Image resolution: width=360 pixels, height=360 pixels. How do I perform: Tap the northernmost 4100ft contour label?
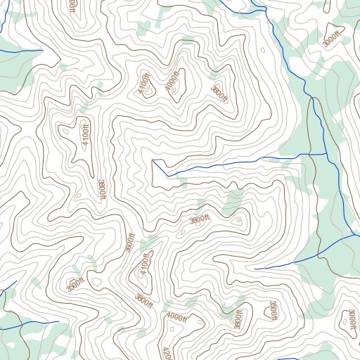[x=145, y=84]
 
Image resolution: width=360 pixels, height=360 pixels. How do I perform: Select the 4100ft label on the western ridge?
[x=85, y=131]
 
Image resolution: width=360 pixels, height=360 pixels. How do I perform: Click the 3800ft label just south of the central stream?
[x=199, y=220]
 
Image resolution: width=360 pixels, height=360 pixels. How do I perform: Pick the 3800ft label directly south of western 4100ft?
[x=103, y=189]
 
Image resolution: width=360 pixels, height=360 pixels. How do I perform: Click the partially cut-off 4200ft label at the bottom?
[x=166, y=353]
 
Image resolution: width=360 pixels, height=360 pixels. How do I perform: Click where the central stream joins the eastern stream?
[x=328, y=153]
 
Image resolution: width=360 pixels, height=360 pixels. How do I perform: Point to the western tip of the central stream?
[x=153, y=161]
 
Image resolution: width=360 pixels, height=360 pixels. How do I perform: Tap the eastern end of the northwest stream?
[x=42, y=50]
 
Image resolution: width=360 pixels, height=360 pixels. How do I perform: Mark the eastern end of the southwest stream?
[x=59, y=322]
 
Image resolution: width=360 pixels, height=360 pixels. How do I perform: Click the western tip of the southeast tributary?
[x=255, y=269]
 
